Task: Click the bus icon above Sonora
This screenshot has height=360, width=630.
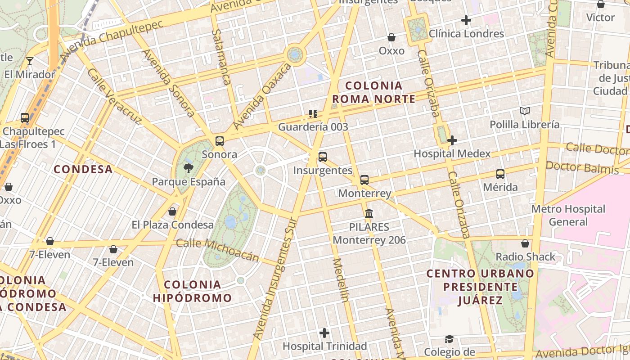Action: tap(220, 141)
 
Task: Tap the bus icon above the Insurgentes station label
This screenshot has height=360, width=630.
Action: tap(323, 157)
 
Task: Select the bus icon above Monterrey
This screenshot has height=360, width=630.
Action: tap(364, 180)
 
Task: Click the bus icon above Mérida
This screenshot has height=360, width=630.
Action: tap(500, 174)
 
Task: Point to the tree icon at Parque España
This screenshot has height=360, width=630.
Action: tap(189, 168)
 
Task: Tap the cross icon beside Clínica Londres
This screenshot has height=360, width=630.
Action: tap(466, 20)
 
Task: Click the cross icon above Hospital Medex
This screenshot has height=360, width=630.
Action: tap(452, 140)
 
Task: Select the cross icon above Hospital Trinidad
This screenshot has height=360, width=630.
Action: tap(324, 333)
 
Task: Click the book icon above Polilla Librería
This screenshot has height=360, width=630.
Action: tap(525, 111)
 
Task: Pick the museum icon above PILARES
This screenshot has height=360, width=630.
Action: tap(369, 213)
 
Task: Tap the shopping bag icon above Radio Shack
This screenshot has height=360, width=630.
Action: tap(525, 243)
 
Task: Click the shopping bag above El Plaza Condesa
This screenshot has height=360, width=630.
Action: tap(172, 211)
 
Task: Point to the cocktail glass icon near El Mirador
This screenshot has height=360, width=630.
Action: tap(30, 61)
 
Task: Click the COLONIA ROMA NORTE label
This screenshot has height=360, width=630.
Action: tap(373, 92)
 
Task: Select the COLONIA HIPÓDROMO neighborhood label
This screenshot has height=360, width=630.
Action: tap(192, 291)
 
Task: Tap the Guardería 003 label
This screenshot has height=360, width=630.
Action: tap(313, 127)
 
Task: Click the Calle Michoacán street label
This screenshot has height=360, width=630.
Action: tap(217, 250)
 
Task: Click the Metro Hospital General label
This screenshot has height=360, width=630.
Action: tap(568, 215)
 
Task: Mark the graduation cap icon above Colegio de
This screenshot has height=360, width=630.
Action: tap(449, 338)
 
